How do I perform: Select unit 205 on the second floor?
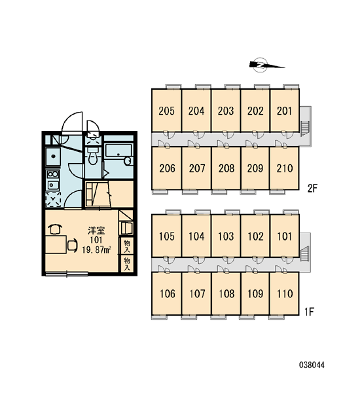(167, 111)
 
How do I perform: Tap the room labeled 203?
(226, 111)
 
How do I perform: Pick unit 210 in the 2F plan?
(285, 168)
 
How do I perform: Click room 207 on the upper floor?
(196, 168)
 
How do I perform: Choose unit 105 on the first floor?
(167, 236)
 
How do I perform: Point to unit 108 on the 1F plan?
(226, 293)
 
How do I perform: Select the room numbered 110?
(285, 293)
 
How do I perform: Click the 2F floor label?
(312, 188)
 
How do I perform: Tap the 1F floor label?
(309, 312)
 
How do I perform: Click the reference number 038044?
(312, 365)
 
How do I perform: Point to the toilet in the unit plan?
(93, 155)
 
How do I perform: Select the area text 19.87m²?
(96, 250)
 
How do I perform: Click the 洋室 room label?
(96, 231)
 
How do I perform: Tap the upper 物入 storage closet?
(127, 246)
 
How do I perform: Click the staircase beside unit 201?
(305, 128)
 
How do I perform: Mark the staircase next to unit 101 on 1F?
(305, 253)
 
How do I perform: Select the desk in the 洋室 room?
(56, 244)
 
